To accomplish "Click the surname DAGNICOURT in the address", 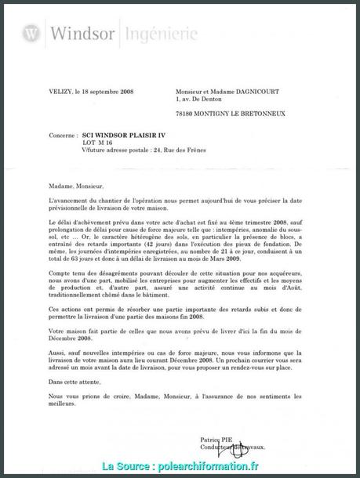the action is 255,92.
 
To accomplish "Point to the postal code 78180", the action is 186,114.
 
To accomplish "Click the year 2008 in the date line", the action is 124,92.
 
